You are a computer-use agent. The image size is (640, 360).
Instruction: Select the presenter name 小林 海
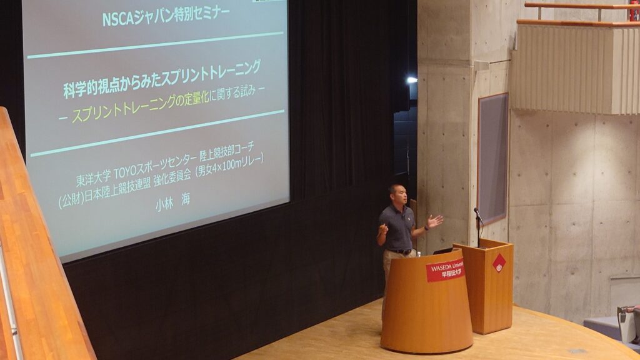pyautogui.click(x=172, y=202)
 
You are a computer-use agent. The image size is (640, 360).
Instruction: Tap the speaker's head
pyautogui.click(x=398, y=194)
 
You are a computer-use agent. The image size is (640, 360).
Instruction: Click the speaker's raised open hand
pyautogui.click(x=435, y=221)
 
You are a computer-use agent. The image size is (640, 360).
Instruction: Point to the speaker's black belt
pyautogui.click(x=400, y=251)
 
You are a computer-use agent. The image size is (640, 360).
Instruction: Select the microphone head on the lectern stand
pyautogui.click(x=476, y=211)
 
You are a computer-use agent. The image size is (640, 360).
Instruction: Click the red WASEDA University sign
pyautogui.click(x=445, y=270)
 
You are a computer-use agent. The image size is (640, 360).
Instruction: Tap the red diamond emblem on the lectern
pyautogui.click(x=499, y=263)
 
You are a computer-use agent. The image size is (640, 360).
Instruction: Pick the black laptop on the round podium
pyautogui.click(x=443, y=251)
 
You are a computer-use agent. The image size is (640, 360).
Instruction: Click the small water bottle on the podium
pyautogui.click(x=418, y=254)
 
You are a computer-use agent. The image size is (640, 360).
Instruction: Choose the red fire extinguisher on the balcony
pyautogui.click(x=634, y=10)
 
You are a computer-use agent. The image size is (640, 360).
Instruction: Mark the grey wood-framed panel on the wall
pyautogui.click(x=493, y=158)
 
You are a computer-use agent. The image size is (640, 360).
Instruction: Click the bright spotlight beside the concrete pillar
pyautogui.click(x=412, y=80)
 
